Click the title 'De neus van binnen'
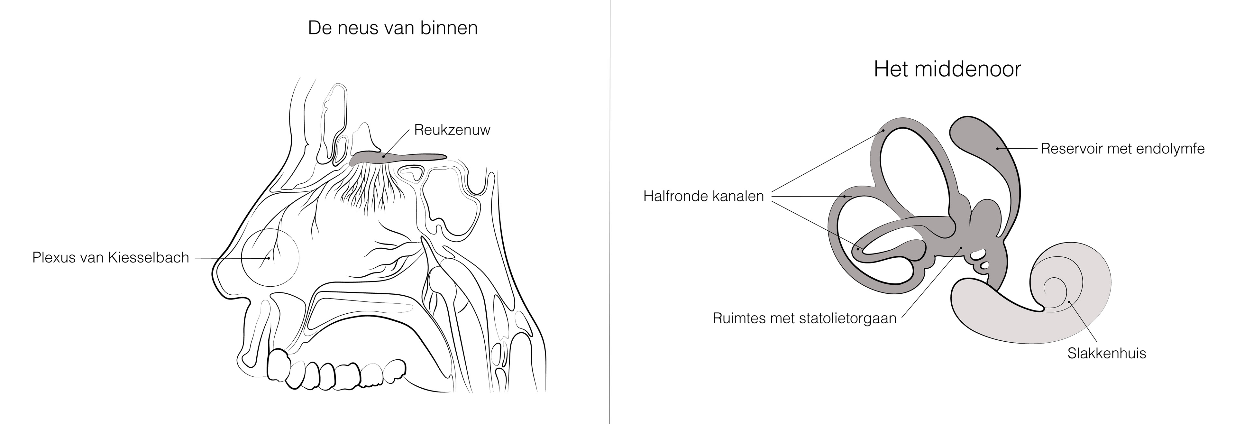coord(393,28)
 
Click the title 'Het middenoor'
coord(947,69)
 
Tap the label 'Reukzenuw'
coord(452,130)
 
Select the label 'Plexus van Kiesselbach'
coord(110,258)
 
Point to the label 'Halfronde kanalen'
coord(703,196)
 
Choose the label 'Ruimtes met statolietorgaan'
coord(804,318)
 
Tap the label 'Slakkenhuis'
coord(1106,354)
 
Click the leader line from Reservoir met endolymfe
coord(1019,149)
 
